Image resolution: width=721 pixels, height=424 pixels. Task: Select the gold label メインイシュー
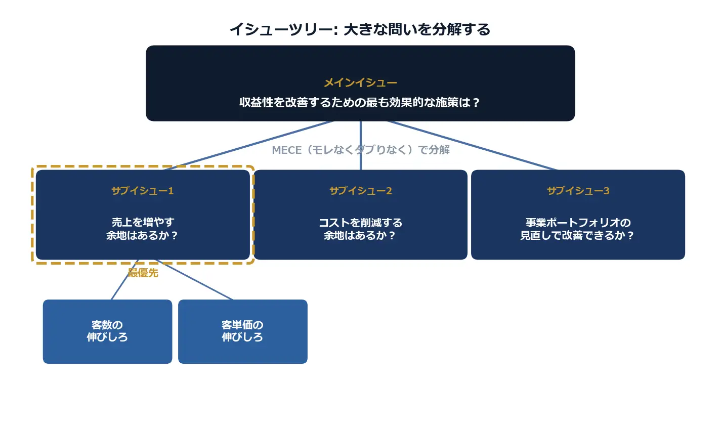pyautogui.click(x=360, y=82)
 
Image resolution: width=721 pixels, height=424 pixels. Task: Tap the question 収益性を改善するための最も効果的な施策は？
pyautogui.click(x=360, y=103)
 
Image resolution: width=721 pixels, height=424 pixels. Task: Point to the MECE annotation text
pyautogui.click(x=361, y=150)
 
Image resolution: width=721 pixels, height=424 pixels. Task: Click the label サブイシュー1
pyautogui.click(x=143, y=191)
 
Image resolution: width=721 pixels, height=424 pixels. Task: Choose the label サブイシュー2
pyautogui.click(x=360, y=191)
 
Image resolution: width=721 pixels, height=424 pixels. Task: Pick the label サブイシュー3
pyautogui.click(x=578, y=191)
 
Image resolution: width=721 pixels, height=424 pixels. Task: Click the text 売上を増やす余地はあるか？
pyautogui.click(x=143, y=229)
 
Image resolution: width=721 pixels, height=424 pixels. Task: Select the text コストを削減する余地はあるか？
pyautogui.click(x=360, y=229)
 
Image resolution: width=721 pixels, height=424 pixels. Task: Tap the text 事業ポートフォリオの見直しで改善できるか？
pyautogui.click(x=578, y=229)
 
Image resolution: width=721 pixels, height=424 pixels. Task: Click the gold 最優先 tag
pyautogui.click(x=143, y=273)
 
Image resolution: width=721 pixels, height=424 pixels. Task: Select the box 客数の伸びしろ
pyautogui.click(x=107, y=331)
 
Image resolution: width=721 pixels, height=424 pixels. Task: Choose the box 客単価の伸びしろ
pyautogui.click(x=242, y=331)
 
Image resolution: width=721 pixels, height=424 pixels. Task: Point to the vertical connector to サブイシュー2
pyautogui.click(x=361, y=137)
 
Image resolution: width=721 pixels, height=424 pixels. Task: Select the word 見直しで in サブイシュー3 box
pyautogui.click(x=540, y=236)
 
